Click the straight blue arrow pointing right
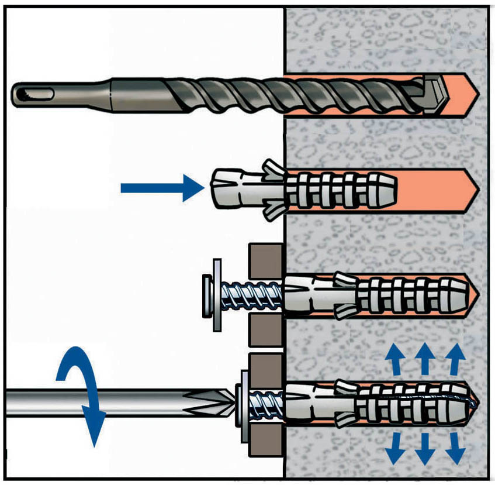161,187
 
